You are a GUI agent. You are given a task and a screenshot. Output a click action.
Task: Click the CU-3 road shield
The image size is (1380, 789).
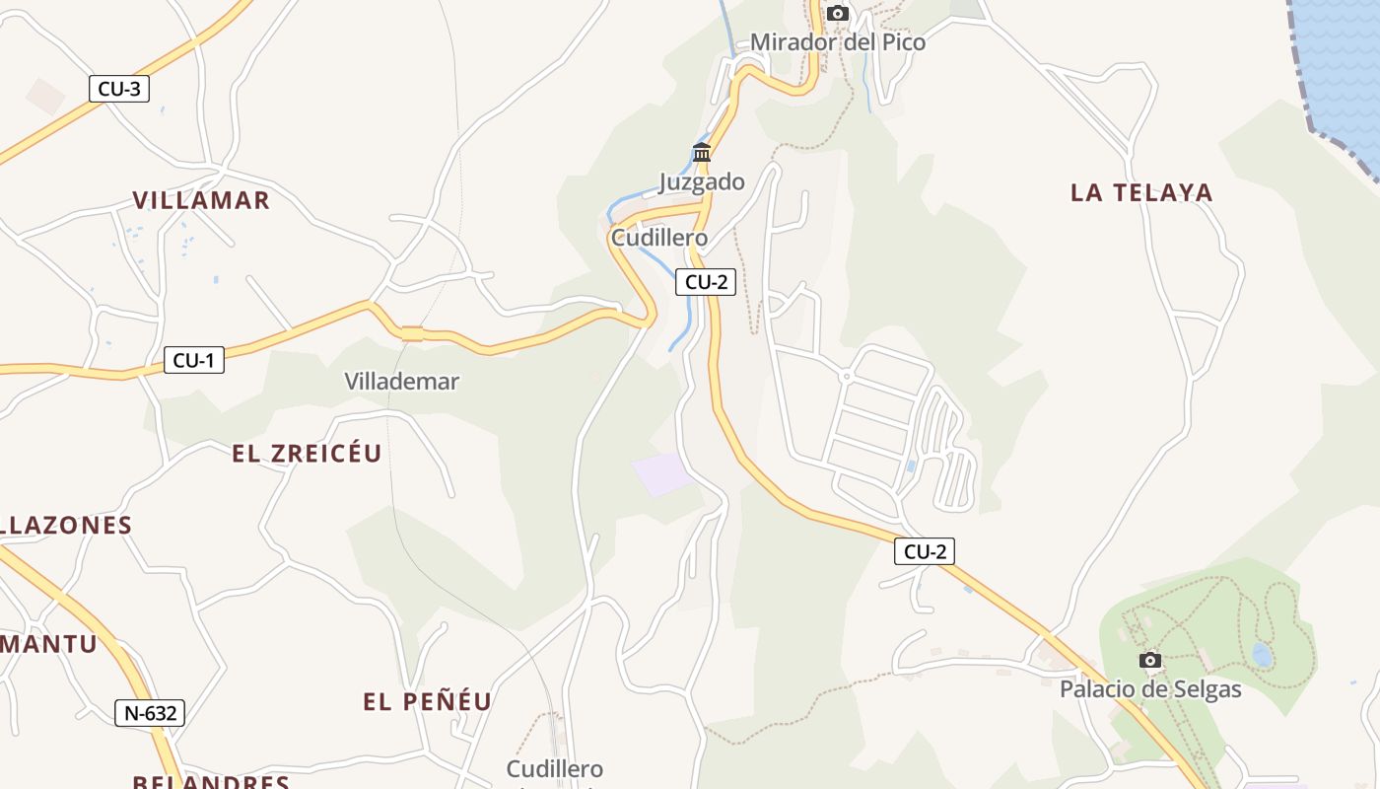[x=119, y=89]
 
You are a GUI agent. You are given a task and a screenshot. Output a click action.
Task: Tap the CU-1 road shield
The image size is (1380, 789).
[x=193, y=360]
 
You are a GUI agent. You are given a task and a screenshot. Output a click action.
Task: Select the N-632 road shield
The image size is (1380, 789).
[x=150, y=713]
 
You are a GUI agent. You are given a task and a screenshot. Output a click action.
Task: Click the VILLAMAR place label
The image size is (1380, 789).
[x=201, y=200]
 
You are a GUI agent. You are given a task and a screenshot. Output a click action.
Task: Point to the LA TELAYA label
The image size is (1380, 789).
[x=1141, y=192]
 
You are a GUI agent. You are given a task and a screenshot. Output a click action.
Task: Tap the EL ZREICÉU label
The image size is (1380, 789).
[x=307, y=454]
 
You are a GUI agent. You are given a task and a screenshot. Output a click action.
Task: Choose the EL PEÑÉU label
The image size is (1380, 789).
[x=428, y=702]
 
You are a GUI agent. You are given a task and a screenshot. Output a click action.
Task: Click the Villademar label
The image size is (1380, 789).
[x=402, y=381]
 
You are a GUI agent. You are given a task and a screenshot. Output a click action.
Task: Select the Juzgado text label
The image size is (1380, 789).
[x=702, y=181]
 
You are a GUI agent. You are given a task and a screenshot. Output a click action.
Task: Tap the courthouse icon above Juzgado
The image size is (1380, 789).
[x=702, y=152]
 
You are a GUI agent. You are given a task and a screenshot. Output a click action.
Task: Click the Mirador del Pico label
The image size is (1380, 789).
[x=838, y=42]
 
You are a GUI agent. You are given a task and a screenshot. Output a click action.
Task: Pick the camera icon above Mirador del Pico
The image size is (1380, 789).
[x=838, y=13]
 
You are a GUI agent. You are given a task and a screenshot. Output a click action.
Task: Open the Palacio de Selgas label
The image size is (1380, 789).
[x=1150, y=689]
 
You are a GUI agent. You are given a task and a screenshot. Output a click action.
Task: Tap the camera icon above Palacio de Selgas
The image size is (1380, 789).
[x=1150, y=660]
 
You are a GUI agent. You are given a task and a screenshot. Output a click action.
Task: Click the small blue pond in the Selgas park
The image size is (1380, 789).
[x=1262, y=655]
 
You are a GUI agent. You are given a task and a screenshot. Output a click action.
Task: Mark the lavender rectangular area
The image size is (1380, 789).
[x=663, y=474]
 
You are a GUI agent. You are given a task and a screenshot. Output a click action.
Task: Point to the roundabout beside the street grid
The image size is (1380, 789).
[x=845, y=377]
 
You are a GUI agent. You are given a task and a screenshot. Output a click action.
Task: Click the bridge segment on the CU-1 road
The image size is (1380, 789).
[x=412, y=333]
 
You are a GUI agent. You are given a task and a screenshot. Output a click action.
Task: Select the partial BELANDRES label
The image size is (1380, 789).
[x=211, y=781]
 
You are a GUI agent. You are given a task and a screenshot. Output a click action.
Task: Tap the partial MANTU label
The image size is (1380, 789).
[x=49, y=645]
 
